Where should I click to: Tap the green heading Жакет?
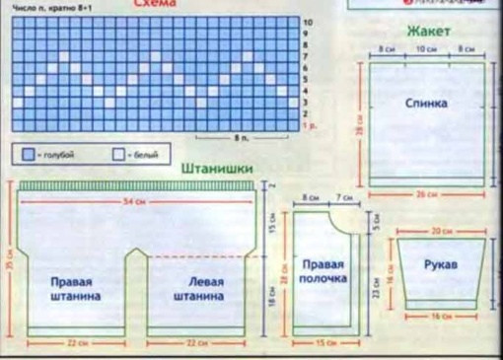point(428,31)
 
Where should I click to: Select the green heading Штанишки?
point(217,169)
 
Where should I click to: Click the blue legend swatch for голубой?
point(27,155)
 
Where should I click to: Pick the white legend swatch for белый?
point(119,155)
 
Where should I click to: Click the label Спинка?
point(426,103)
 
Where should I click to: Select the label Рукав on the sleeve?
point(440,266)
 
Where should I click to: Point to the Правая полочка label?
point(323,271)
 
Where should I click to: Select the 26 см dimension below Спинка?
point(426,194)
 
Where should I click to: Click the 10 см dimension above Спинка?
point(426,48)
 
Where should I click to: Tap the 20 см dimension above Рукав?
point(441,230)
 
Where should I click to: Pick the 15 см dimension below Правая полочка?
point(323,342)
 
